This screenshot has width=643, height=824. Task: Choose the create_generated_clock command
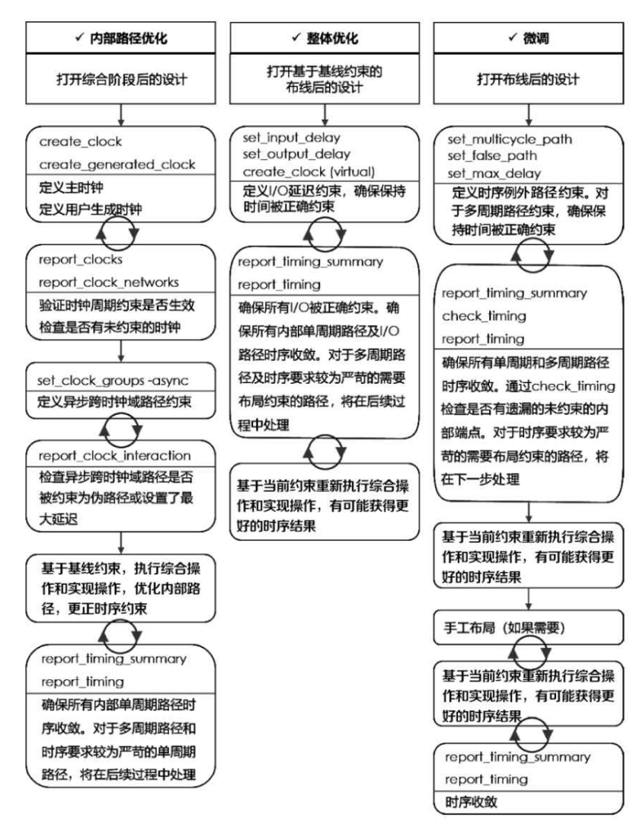coord(106,164)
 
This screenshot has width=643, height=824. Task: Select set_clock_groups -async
coord(113,379)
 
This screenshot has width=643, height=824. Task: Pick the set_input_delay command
coord(292,138)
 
